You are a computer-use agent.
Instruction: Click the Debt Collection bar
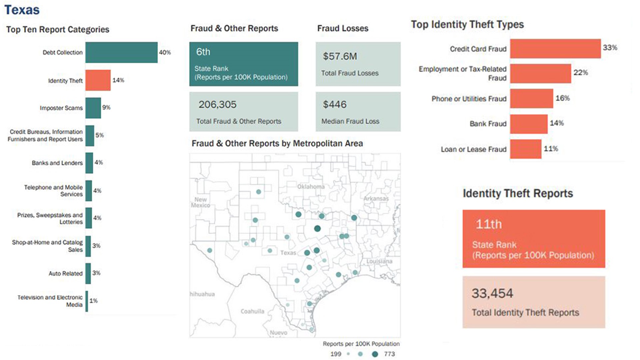(x=121, y=52)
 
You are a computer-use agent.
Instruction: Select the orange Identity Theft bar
(x=98, y=80)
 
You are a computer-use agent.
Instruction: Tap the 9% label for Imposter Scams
(x=106, y=107)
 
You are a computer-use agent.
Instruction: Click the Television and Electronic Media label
(x=50, y=301)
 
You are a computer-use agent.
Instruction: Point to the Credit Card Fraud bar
(x=555, y=49)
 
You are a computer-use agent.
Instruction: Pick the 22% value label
(x=580, y=73)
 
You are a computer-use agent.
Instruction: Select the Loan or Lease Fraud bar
(x=525, y=149)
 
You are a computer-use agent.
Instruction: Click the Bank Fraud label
(x=488, y=124)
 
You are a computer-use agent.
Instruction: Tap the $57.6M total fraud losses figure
(x=340, y=56)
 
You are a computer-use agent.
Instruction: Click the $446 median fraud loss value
(x=335, y=105)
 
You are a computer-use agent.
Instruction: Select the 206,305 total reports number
(x=217, y=105)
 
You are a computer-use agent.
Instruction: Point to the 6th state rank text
(x=203, y=52)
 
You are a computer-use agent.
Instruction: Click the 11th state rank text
(x=488, y=224)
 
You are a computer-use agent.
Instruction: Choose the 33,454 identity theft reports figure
(x=492, y=293)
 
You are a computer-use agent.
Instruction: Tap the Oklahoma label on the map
(x=311, y=187)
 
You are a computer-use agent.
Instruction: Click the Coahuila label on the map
(x=252, y=311)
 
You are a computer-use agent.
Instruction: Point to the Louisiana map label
(x=379, y=261)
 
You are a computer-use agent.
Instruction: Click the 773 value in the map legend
(x=389, y=354)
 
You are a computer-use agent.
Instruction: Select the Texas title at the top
(x=22, y=10)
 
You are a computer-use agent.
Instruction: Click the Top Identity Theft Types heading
(x=467, y=24)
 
